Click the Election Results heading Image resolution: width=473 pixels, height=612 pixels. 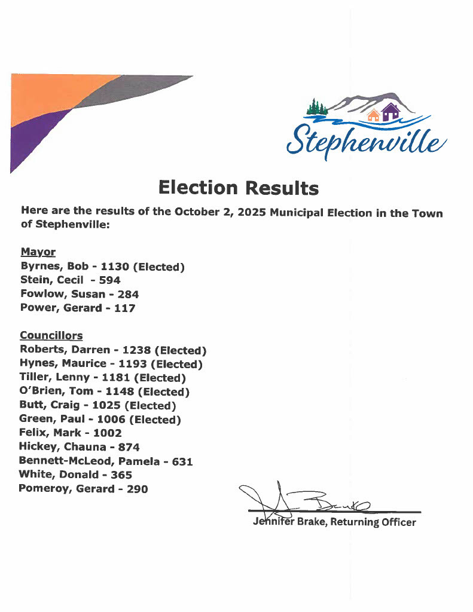tap(238, 188)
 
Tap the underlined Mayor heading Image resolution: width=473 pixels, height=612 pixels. tap(38, 252)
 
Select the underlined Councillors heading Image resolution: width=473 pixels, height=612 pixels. tap(51, 335)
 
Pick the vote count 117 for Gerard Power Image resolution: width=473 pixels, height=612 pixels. tap(124, 308)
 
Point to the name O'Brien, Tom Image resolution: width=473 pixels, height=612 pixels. tap(57, 391)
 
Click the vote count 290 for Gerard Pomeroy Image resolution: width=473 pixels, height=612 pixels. tap(136, 489)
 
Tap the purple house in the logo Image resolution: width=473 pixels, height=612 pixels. tap(390, 112)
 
